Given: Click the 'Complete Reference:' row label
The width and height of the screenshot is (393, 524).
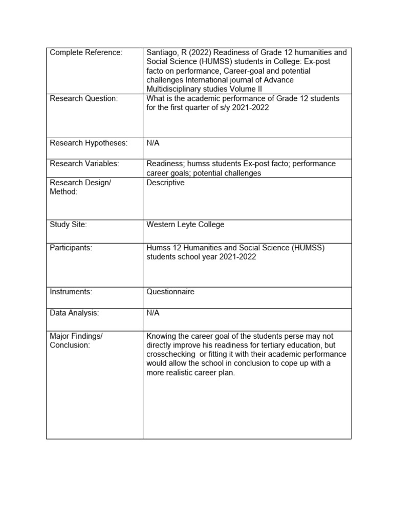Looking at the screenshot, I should (x=86, y=53).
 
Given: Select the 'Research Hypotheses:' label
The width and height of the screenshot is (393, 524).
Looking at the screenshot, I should (x=88, y=143).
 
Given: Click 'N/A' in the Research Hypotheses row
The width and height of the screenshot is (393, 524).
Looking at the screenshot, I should (x=153, y=143).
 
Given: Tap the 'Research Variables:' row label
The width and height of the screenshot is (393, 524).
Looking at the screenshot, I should (x=84, y=164).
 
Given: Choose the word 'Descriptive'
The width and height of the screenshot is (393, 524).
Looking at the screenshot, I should (x=165, y=183).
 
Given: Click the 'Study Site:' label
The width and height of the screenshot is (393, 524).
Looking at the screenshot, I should (x=69, y=225).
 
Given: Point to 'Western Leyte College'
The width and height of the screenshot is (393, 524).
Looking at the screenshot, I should (x=185, y=225).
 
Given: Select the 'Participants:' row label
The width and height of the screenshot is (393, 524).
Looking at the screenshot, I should (x=71, y=248).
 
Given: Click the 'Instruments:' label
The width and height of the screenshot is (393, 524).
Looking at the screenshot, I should (x=71, y=292).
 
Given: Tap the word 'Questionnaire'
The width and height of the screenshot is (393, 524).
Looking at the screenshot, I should (x=170, y=292).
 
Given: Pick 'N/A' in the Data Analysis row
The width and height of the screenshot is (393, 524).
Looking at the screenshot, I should (x=153, y=313).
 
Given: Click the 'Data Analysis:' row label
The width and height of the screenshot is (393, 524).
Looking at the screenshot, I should (x=74, y=313).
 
